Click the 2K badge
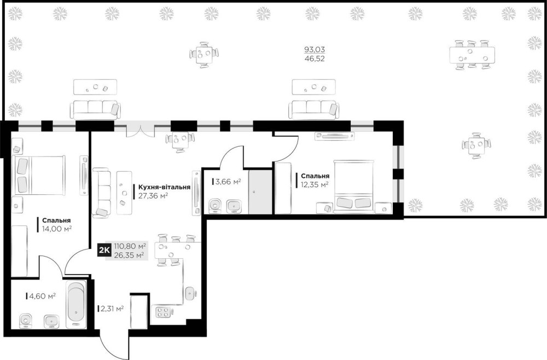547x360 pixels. pyautogui.click(x=104, y=251)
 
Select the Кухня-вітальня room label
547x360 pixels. pyautogui.click(x=164, y=187)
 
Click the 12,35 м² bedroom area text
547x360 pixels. pyautogui.click(x=315, y=184)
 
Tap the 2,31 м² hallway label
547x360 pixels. pyautogui.click(x=112, y=309)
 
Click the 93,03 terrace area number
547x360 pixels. pyautogui.click(x=315, y=50)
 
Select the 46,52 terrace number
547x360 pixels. pyautogui.click(x=315, y=59)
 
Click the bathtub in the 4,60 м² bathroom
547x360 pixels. pyautogui.click(x=75, y=304)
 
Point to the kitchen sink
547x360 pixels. pyautogui.click(x=190, y=293)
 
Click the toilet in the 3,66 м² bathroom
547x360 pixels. pyautogui.click(x=214, y=206)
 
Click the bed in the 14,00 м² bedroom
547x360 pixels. pyautogui.click(x=39, y=175)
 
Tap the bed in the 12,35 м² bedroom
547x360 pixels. pyautogui.click(x=354, y=186)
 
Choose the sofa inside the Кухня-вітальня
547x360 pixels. pyautogui.click(x=102, y=192)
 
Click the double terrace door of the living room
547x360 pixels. pyautogui.click(x=140, y=129)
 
